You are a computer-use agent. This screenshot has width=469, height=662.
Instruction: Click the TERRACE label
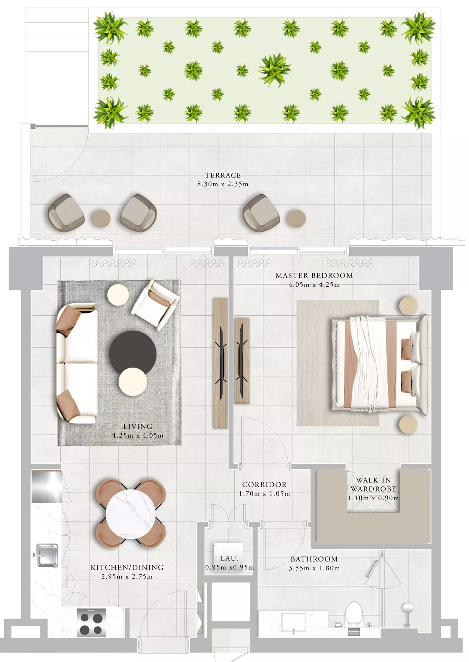pos(223,175)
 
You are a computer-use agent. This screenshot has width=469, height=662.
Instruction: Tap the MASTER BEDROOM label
pos(314,275)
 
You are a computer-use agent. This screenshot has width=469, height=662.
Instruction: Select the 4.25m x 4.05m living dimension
pos(138,435)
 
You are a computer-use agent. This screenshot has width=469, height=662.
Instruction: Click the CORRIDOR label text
pos(265,485)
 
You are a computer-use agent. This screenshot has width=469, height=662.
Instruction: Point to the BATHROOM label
pos(314,559)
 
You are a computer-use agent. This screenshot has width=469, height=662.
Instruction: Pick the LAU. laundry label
pos(230,558)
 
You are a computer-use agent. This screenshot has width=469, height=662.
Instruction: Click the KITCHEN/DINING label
pos(127,567)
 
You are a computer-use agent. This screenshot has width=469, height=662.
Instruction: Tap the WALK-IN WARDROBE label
pos(373,484)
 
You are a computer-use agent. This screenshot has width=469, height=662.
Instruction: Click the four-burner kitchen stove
pos(92,622)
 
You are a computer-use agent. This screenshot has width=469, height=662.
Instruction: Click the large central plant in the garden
pos(274,70)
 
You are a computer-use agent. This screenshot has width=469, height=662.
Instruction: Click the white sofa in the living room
pos(76,363)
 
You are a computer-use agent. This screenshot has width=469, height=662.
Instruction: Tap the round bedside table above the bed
pos(408,306)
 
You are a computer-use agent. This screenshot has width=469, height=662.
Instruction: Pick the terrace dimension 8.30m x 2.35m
pos(223,184)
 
